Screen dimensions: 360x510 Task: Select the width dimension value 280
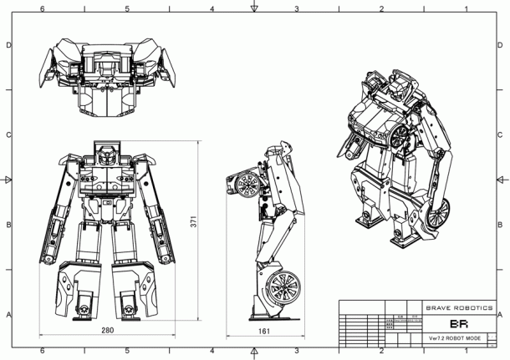107,331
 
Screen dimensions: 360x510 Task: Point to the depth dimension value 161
263,331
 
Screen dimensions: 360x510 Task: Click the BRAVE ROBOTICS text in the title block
460,307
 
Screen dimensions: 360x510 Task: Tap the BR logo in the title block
459,323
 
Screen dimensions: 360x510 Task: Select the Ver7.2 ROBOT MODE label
458,338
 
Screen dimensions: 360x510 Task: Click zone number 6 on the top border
43,8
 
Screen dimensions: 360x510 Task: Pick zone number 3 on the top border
297,8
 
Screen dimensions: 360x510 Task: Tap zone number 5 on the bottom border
127,352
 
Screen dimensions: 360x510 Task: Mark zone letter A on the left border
8,315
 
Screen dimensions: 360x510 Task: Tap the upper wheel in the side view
245,185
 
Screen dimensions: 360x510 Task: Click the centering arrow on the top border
255,8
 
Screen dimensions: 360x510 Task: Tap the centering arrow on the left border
8,180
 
